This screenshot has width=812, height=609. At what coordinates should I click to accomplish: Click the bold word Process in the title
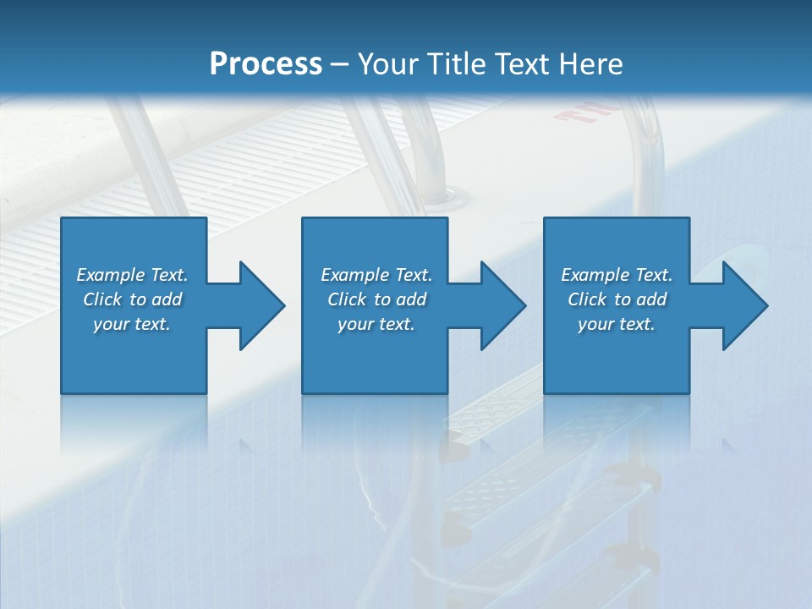[266, 64]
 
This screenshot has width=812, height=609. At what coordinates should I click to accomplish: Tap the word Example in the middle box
[354, 275]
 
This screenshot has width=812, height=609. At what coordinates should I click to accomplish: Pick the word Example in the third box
[594, 275]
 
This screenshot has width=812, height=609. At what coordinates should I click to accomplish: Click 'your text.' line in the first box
[132, 324]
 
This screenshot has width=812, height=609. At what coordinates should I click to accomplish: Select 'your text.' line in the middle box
[376, 324]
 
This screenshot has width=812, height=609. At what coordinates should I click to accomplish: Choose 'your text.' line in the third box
[617, 324]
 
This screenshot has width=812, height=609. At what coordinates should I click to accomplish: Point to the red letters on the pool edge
[588, 112]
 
